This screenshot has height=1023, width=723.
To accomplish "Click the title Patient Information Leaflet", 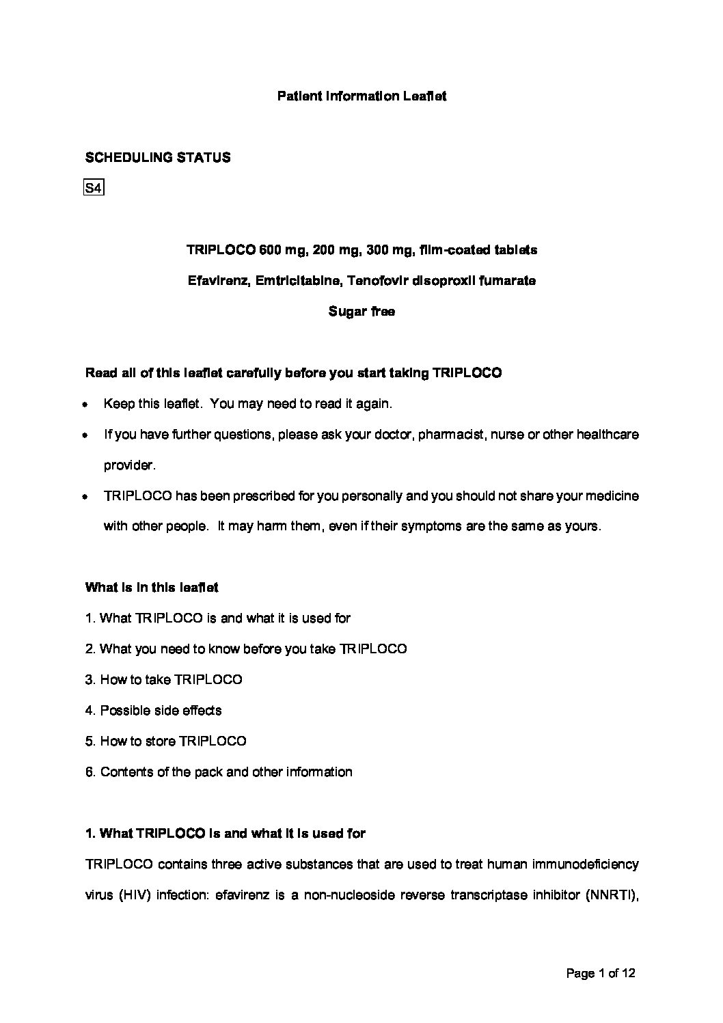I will (361, 96).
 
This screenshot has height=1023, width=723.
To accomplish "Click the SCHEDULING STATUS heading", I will (157, 158).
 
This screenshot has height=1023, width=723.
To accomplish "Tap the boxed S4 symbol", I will (93, 188).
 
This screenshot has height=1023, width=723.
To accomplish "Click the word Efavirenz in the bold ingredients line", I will (218, 281).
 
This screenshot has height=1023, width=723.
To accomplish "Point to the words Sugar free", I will (361, 312).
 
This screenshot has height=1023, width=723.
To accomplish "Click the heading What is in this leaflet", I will (152, 588).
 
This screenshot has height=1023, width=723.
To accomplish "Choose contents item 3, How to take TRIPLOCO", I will (164, 680).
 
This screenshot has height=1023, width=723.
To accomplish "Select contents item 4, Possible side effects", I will (154, 711).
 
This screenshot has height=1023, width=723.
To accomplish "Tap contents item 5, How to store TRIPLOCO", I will (166, 741).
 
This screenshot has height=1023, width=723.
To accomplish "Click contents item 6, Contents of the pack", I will (219, 772).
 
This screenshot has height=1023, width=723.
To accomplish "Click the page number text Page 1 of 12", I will (601, 973).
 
